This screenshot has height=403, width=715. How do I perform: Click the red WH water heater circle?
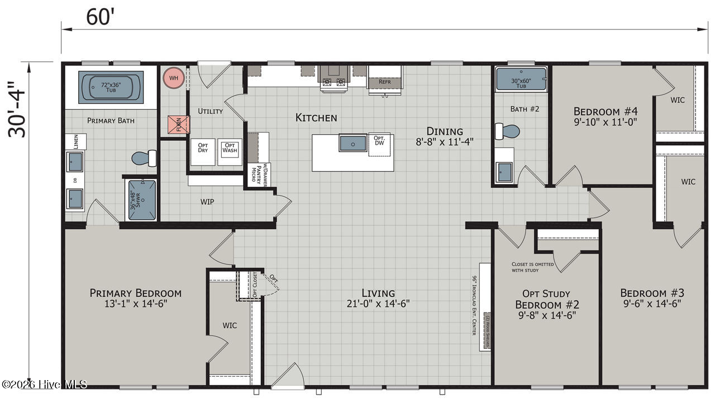pyautogui.click(x=173, y=78)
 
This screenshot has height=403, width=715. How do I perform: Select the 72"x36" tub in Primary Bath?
pyautogui.click(x=111, y=87)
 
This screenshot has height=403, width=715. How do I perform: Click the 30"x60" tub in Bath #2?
pyautogui.click(x=521, y=79)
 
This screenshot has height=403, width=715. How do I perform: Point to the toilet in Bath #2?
pyautogui.click(x=508, y=132)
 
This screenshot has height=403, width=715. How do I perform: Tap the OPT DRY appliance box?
pyautogui.click(x=202, y=150)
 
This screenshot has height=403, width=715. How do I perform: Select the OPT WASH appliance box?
pyautogui.click(x=230, y=150)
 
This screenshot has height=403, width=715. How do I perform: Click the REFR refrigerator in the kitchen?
pyautogui.click(x=384, y=78)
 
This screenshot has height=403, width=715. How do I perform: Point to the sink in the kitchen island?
pyautogui.click(x=353, y=143)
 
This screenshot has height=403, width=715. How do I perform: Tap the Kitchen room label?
pyautogui.click(x=316, y=117)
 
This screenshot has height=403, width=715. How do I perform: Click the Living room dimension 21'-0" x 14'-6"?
pyautogui.click(x=378, y=304)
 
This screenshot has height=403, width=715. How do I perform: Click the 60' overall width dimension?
pyautogui.click(x=101, y=17)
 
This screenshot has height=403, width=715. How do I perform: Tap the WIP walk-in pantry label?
pyautogui.click(x=207, y=201)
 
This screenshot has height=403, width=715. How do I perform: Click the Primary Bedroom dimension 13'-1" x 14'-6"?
pyautogui.click(x=136, y=304)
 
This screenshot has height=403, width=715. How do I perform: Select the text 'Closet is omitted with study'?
pyautogui.click(x=532, y=267)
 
